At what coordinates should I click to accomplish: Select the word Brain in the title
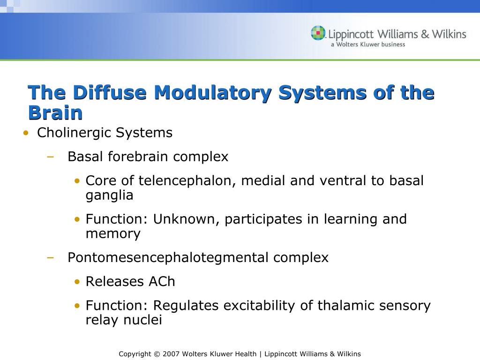(x=55, y=112)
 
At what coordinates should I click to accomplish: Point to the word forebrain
(x=139, y=157)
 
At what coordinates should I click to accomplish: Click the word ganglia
(x=109, y=195)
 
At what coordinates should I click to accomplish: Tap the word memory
(x=113, y=233)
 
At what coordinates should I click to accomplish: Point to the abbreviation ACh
(x=162, y=281)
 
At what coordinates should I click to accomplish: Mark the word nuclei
(x=142, y=320)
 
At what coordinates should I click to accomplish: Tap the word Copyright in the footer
(x=135, y=354)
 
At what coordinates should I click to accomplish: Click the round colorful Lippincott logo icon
(x=318, y=33)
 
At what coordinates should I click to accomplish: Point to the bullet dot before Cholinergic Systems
(x=26, y=133)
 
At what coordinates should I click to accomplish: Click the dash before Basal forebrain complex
(x=51, y=157)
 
